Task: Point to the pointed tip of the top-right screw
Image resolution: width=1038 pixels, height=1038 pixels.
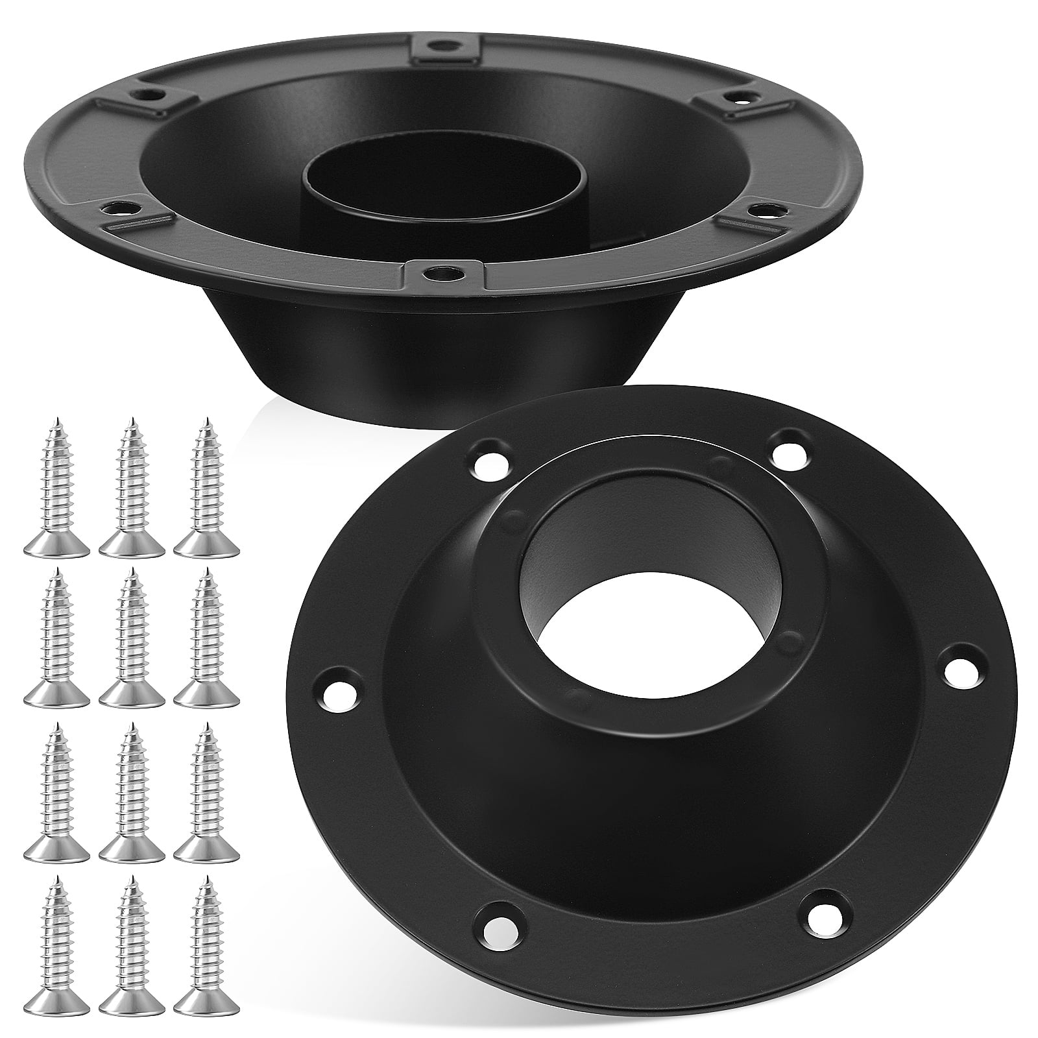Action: point(208,420)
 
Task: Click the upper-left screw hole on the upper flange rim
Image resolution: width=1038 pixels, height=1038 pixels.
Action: point(151,94)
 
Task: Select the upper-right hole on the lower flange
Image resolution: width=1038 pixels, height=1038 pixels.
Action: point(787,448)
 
